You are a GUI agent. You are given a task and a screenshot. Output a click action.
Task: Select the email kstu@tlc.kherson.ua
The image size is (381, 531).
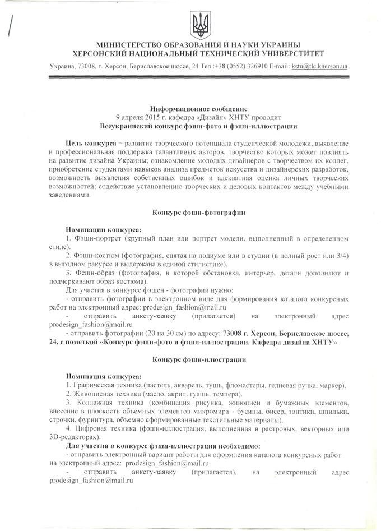[x=319, y=67]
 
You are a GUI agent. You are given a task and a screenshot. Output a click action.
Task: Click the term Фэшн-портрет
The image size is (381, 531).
[x=96, y=238]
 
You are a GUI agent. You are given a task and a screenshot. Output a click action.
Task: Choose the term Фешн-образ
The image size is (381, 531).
[x=95, y=272]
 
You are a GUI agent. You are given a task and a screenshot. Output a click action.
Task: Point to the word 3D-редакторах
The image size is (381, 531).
[x=75, y=436]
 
